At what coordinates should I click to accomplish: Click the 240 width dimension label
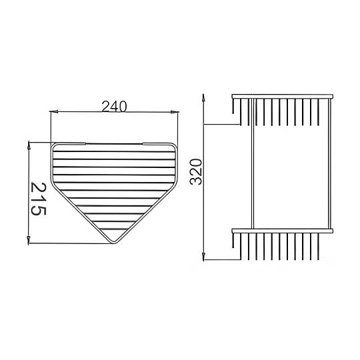pos(114,106)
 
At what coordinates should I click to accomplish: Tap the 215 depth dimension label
pos(39,199)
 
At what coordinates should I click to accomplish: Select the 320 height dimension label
pos(196,172)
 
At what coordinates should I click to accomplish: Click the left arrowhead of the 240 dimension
pos(54,112)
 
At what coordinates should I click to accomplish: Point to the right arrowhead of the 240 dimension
pos(175,112)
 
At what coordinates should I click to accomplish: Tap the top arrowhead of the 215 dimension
pos(29,145)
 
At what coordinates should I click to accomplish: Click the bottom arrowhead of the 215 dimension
pos(29,241)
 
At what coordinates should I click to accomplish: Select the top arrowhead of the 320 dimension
pos(203,98)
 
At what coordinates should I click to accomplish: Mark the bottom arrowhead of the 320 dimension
pos(203,257)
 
